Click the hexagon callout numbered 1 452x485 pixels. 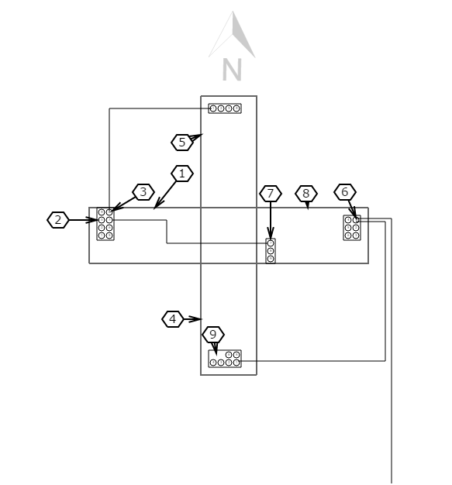[x=182, y=174]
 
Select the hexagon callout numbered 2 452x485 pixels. [x=58, y=220]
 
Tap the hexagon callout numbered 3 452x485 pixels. [x=143, y=192]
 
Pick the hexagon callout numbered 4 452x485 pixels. [x=173, y=319]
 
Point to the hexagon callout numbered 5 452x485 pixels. [x=182, y=143]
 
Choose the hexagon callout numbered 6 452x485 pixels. [x=345, y=192]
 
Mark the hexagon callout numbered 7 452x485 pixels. [x=271, y=194]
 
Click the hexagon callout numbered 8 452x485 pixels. [x=306, y=194]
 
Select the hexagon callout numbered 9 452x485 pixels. [x=213, y=335]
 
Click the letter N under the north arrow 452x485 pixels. [x=232, y=70]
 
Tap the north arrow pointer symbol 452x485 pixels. [x=232, y=35]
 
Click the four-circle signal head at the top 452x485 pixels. [x=225, y=108]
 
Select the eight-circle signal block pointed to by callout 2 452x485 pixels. [x=105, y=224]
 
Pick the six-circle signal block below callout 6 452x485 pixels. [x=352, y=228]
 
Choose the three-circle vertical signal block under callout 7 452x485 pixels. [x=271, y=251]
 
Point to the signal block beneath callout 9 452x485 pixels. [x=225, y=359]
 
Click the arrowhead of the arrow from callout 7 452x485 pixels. [x=271, y=233]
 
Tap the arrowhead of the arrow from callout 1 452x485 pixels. [x=158, y=204]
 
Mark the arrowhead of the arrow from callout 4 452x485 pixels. [x=196, y=319]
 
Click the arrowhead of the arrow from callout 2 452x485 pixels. [x=92, y=220]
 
